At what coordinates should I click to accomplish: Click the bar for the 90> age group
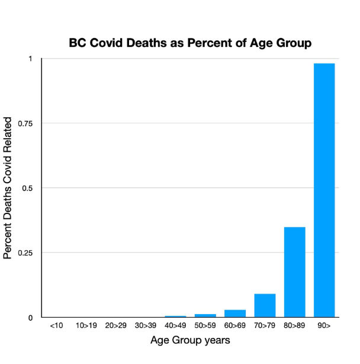(324, 190)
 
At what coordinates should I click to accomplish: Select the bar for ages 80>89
(294, 272)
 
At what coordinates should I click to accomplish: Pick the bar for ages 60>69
(235, 314)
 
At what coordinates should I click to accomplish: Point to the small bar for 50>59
(205, 315)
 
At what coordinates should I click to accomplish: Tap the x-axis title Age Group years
(189, 341)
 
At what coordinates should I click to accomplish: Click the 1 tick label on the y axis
(31, 59)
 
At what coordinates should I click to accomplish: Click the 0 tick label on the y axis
(31, 318)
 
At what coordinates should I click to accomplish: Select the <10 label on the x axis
(57, 325)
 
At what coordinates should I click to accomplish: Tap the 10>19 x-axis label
(86, 325)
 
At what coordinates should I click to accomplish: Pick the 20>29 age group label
(116, 325)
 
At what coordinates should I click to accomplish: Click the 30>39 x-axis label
(146, 325)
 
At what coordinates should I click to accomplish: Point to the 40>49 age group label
(176, 325)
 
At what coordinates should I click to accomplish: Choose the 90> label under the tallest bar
(324, 325)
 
